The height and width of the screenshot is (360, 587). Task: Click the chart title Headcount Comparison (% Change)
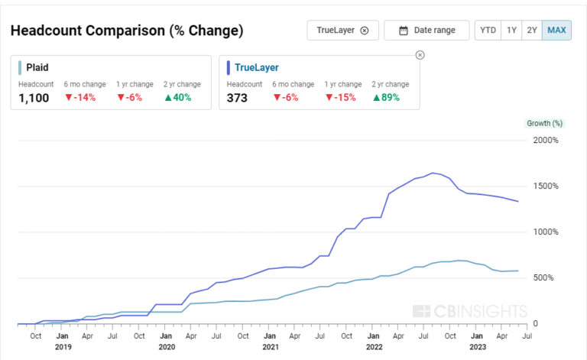coord(127,31)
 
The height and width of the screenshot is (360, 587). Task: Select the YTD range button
coord(487,31)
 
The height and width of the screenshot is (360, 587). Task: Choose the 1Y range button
coord(512,31)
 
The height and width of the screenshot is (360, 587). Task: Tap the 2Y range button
coord(533,31)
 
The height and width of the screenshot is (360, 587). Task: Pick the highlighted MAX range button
coord(556,31)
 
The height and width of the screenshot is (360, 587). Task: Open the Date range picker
coord(426,31)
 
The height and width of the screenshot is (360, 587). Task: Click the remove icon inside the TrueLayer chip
coord(365,31)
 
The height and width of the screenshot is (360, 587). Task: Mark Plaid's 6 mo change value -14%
coord(80,97)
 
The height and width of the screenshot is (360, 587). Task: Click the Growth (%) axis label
coord(544,123)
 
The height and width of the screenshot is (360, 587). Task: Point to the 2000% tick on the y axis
coord(546,140)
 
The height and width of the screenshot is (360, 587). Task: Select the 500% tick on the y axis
coord(546,277)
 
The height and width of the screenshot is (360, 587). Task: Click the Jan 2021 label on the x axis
coord(270,341)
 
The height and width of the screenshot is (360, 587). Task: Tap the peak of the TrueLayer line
coord(433,173)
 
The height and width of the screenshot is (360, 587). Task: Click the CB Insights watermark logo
coord(469,311)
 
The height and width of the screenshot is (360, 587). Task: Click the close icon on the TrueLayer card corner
coord(420,55)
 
